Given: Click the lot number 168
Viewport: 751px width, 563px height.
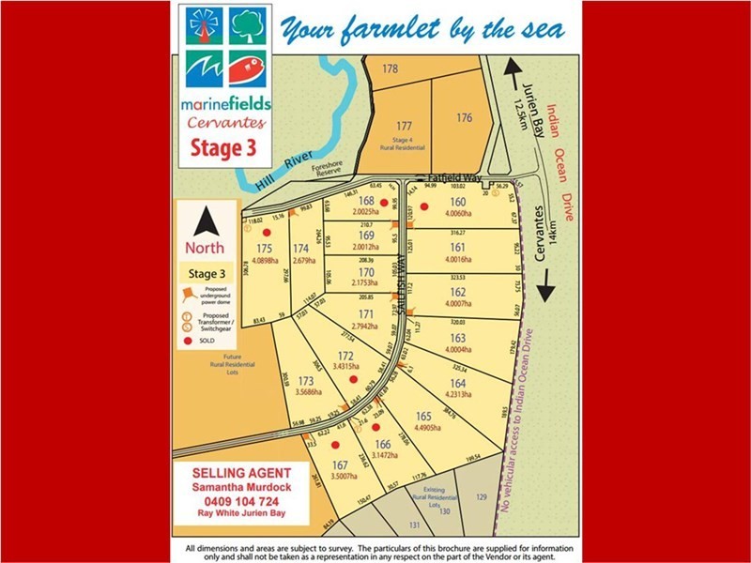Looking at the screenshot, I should coord(367,201).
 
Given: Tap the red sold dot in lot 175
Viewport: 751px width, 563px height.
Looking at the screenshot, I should coord(267,232).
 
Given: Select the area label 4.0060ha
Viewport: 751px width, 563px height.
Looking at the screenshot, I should coord(457,214).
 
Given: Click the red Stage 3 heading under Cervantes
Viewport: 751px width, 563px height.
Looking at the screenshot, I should coord(222,145).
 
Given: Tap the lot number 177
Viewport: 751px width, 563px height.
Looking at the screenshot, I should coord(404,126).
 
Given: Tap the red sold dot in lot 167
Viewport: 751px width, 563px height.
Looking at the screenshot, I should coord(334,445).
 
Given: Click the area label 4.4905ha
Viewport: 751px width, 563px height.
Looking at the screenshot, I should coord(430,427).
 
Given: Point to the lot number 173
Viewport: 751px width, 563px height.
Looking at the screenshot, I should coord(305,381).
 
